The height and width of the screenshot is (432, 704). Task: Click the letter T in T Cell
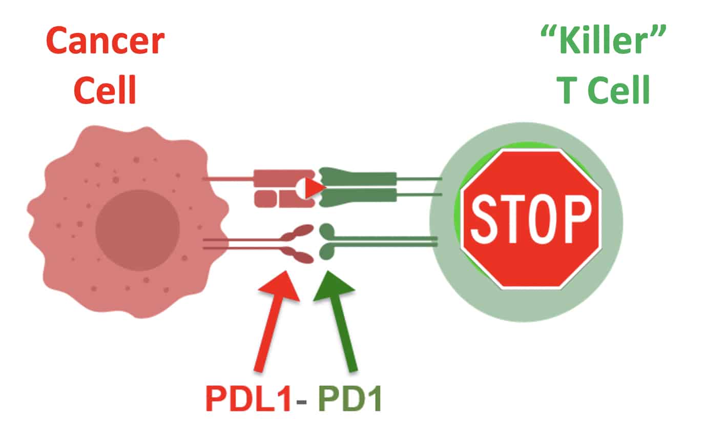tap(567, 90)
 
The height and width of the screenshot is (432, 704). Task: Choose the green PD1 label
tap(349, 399)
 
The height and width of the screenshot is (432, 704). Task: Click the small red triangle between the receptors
tap(316, 189)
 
